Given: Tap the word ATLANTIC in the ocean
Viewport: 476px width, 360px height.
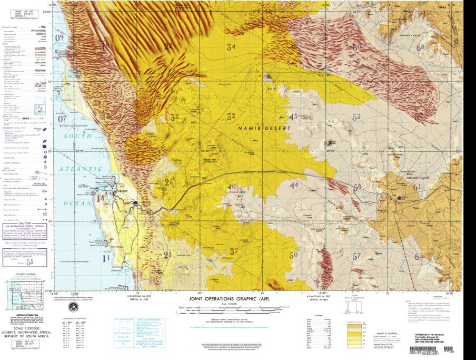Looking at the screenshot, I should coord(82,169).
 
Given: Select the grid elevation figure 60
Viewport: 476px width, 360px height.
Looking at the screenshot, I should coord(356,47).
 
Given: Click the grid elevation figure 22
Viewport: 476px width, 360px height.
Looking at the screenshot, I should coord(168,46).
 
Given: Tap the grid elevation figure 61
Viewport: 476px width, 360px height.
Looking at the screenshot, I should coord(417,187).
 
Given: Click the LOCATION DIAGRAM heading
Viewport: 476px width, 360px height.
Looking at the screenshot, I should coord(25,275).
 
